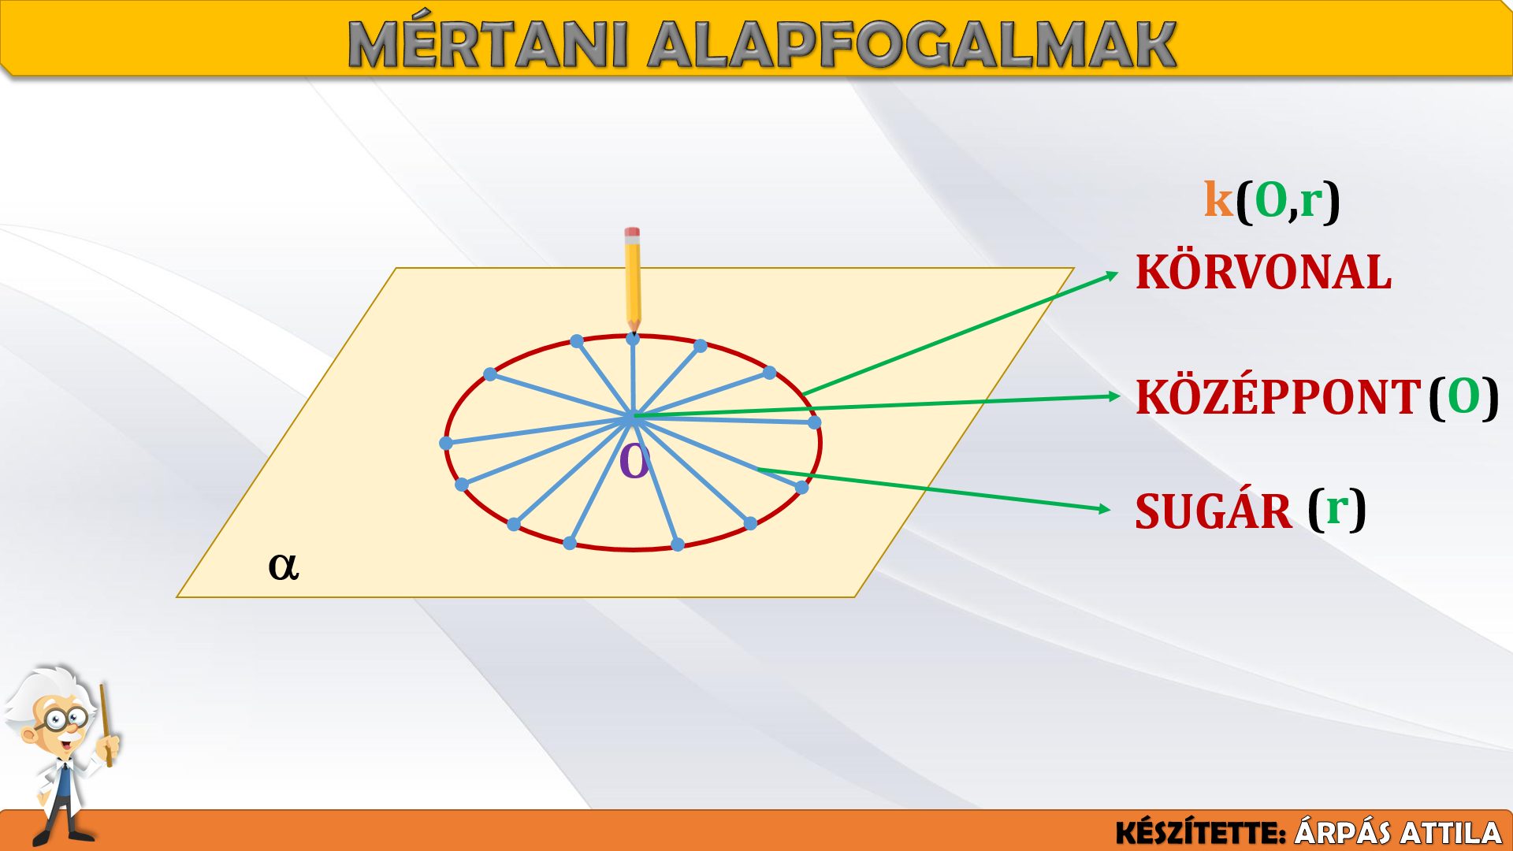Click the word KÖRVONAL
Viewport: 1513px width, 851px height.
click(x=1263, y=273)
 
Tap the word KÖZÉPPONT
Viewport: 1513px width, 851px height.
click(x=1277, y=396)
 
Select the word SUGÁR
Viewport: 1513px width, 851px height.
click(x=1214, y=511)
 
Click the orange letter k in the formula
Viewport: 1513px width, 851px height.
click(x=1218, y=199)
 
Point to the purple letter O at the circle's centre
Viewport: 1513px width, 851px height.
click(x=634, y=462)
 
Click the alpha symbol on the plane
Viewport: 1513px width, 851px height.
click(x=284, y=566)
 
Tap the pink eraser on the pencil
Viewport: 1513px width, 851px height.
click(x=632, y=233)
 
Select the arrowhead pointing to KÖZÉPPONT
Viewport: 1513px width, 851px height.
click(x=1114, y=396)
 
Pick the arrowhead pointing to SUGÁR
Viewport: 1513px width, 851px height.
click(x=1105, y=509)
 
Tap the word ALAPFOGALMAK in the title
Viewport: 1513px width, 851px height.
click(x=912, y=44)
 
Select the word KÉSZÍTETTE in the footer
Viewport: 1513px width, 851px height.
click(x=1199, y=832)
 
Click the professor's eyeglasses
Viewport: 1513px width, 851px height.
click(x=65, y=719)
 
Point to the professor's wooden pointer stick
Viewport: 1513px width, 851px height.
click(x=106, y=725)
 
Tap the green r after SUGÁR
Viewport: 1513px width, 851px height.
click(x=1337, y=510)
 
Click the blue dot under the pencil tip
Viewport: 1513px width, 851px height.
click(x=633, y=339)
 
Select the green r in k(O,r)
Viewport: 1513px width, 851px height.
click(x=1311, y=203)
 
